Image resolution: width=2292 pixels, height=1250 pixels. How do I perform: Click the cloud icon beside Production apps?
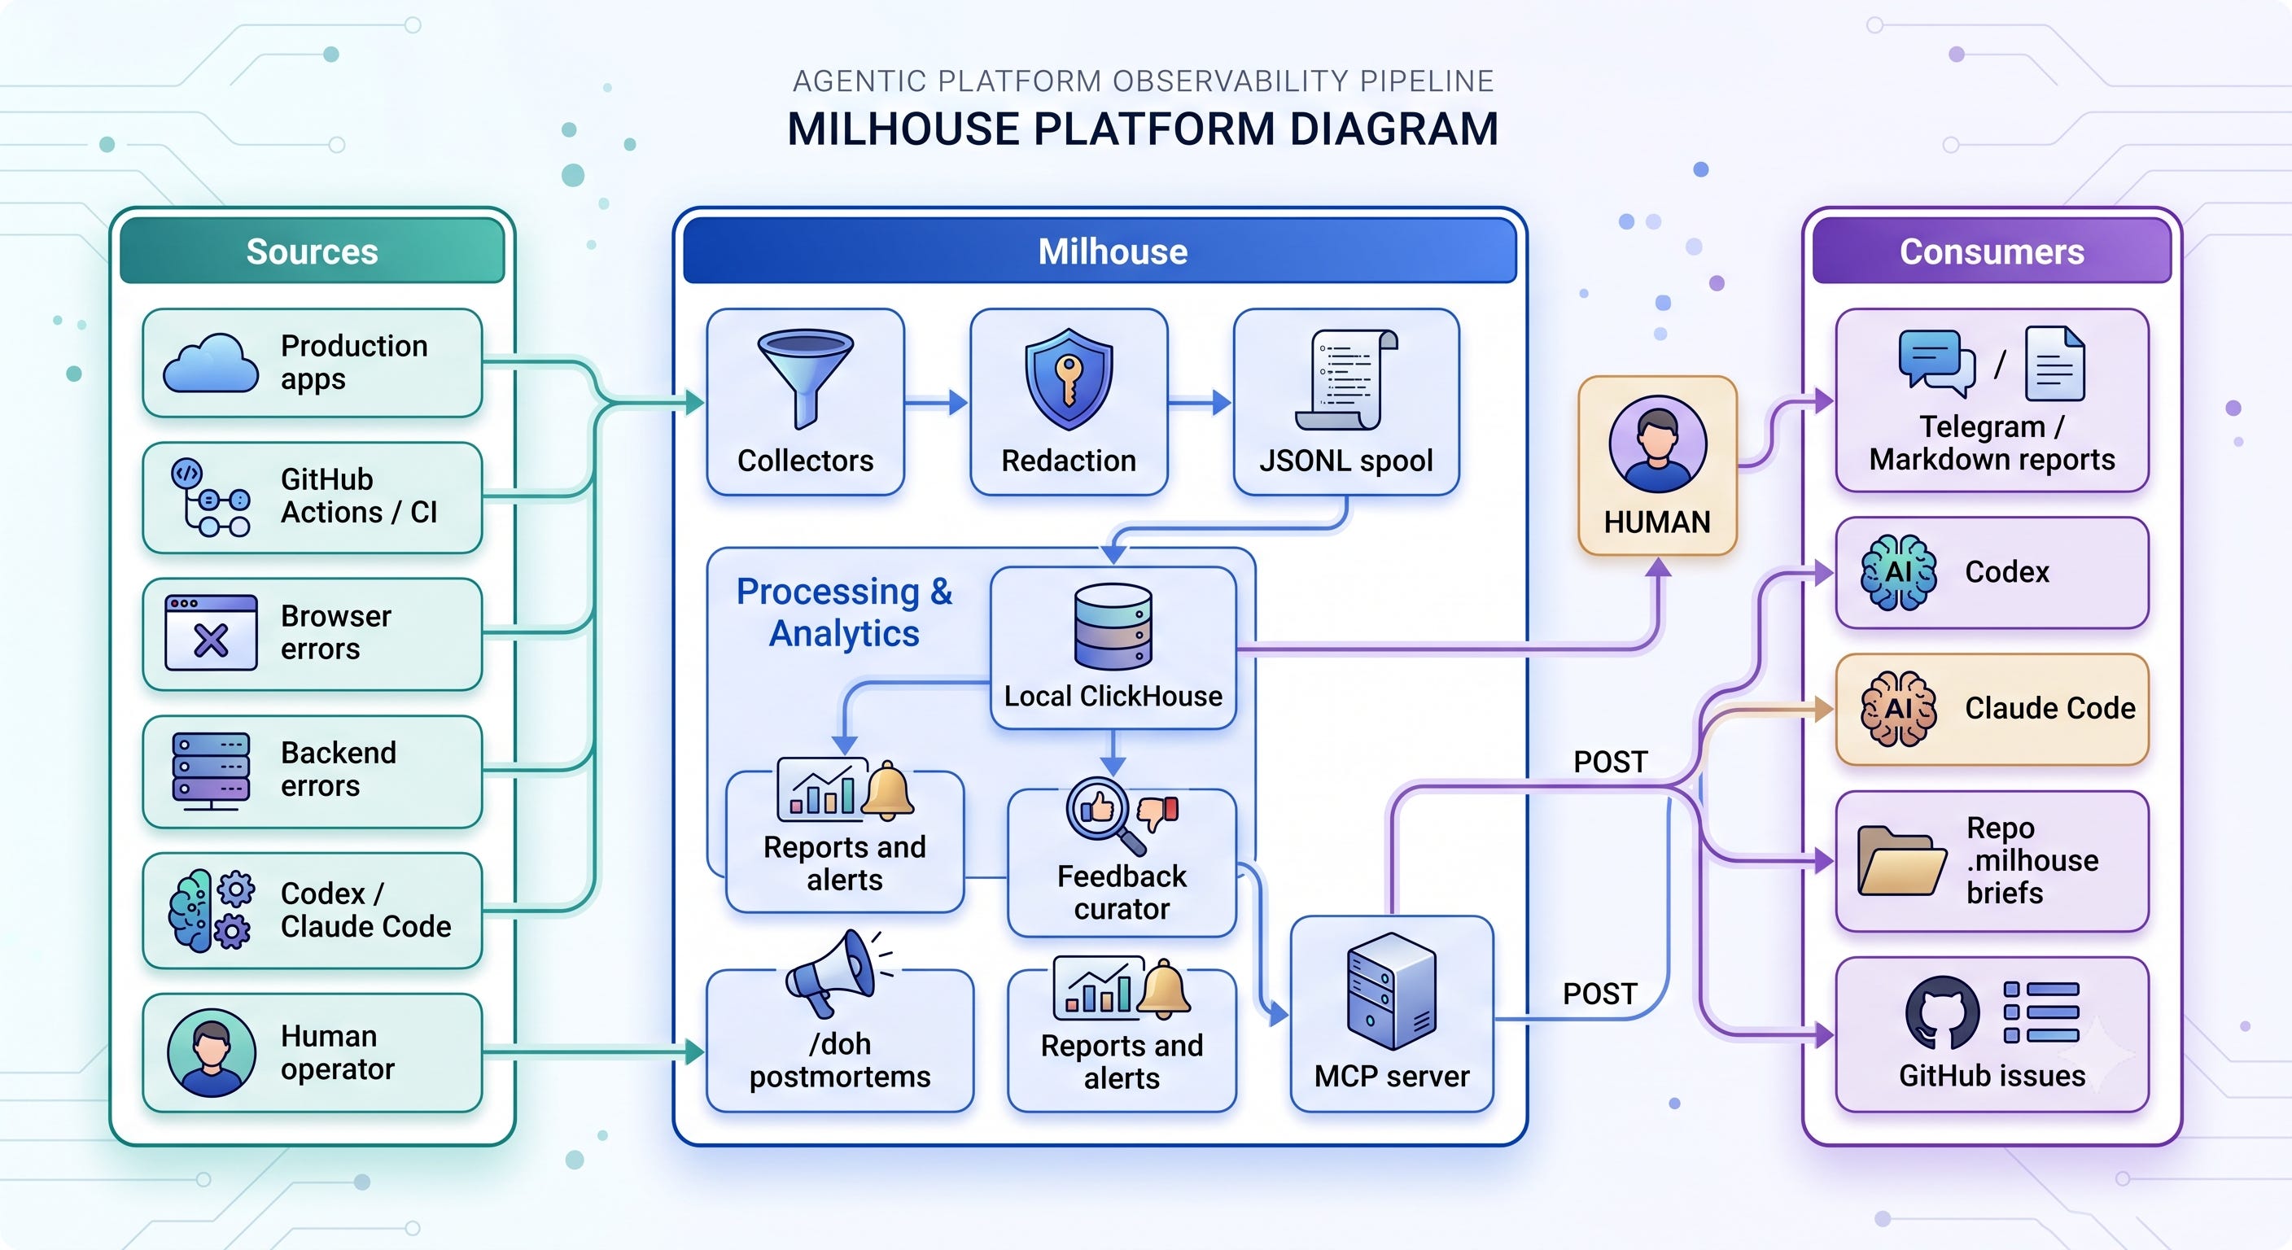click(211, 363)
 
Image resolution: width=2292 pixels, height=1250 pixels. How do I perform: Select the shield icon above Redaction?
click(1069, 379)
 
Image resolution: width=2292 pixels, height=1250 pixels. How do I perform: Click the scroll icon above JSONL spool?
click(1346, 380)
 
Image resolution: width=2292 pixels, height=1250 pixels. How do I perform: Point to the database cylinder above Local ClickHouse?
click(1113, 627)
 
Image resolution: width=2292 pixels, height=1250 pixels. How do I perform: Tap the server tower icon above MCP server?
click(1392, 991)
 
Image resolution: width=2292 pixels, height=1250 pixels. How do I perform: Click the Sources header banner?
click(313, 251)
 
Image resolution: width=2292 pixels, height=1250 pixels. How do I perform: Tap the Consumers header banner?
click(1992, 251)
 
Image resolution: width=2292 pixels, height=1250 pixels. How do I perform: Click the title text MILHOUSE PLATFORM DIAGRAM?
click(1144, 129)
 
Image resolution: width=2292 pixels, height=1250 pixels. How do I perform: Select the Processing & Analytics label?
click(844, 612)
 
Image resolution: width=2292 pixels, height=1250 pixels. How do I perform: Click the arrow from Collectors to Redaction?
click(936, 403)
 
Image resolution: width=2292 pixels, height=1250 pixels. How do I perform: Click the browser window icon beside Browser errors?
click(211, 632)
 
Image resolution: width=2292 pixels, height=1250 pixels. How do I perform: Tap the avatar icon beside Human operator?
click(211, 1052)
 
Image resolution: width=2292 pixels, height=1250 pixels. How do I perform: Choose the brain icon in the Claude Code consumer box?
click(1898, 709)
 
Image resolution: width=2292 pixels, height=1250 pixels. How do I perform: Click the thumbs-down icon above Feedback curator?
click(1158, 812)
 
